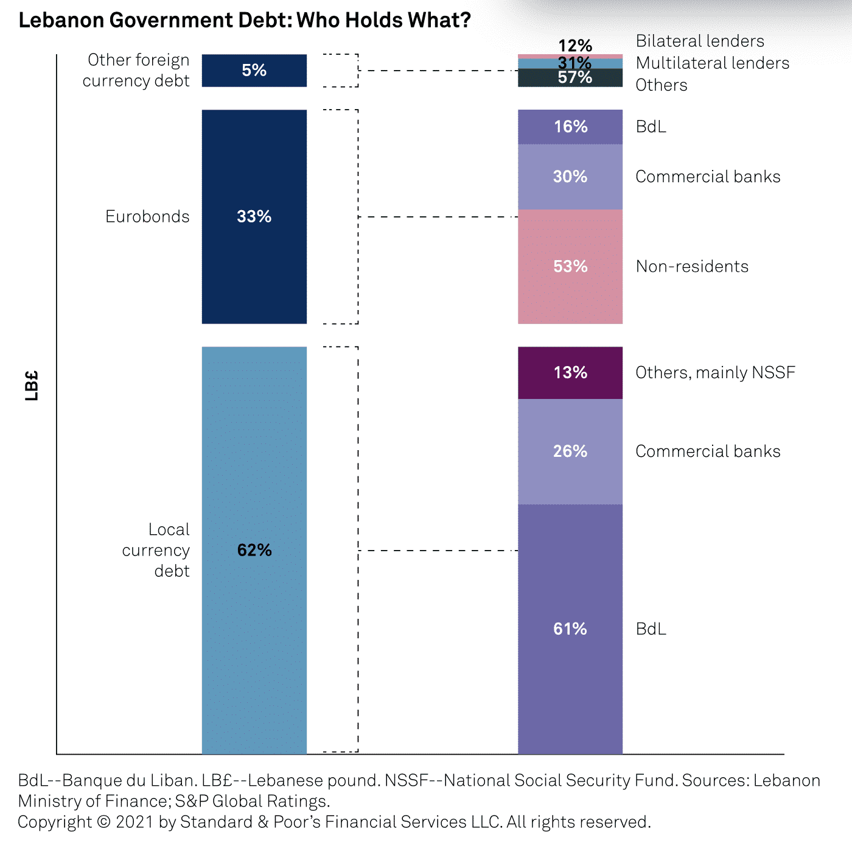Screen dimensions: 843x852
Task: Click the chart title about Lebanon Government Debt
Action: coord(245,21)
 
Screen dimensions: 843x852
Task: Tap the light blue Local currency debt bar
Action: coord(254,640)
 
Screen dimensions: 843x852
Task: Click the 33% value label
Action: coord(254,216)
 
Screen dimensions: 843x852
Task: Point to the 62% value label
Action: coord(254,550)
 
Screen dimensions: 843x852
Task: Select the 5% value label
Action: coord(254,70)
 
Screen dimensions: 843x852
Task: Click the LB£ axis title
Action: coord(32,385)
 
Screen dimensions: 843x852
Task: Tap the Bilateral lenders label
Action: coord(700,41)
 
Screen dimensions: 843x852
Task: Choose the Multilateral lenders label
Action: coord(712,63)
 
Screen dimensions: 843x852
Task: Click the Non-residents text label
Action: coord(692,266)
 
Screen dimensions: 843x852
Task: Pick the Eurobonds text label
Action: coord(147,216)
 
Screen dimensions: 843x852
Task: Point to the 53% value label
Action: coord(570,266)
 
